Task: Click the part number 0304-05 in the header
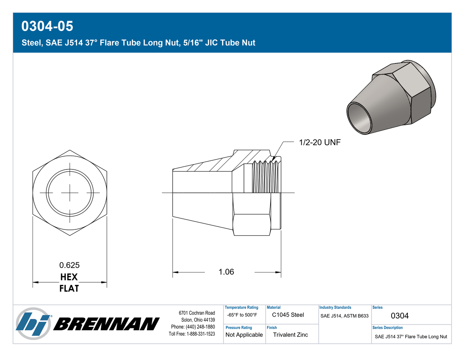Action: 47,26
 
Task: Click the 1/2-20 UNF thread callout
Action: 320,142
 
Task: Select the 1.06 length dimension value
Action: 226,272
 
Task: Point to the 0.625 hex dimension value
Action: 69,265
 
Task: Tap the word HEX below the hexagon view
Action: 69,277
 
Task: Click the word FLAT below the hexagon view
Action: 69,288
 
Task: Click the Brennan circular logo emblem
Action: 34,323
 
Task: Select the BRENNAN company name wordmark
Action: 106,324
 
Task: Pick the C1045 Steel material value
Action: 288,315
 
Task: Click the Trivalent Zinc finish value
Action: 290,335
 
